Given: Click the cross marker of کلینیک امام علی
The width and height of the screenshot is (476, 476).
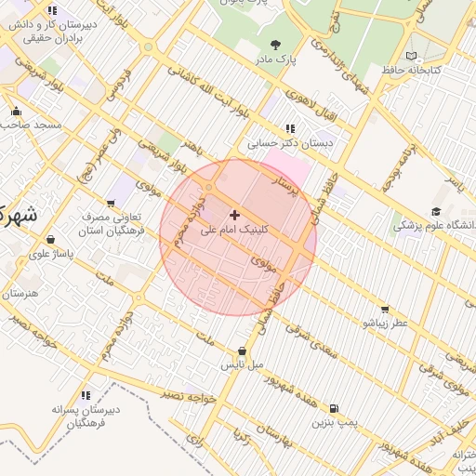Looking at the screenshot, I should pyautogui.click(x=233, y=215).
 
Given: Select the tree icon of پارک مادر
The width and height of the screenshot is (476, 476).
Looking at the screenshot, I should pyautogui.click(x=274, y=44).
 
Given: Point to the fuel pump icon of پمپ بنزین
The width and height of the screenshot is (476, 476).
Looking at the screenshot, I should pyautogui.click(x=334, y=408).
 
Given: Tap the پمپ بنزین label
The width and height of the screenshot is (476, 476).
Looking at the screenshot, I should pyautogui.click(x=334, y=423).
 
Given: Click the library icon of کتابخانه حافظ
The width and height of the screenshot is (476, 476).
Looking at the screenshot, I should pyautogui.click(x=412, y=56).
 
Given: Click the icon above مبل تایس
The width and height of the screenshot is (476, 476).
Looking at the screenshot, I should pyautogui.click(x=243, y=351).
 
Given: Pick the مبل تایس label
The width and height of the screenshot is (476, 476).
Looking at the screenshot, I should pyautogui.click(x=242, y=366).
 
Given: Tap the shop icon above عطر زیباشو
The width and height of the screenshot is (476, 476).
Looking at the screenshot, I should pyautogui.click(x=385, y=309).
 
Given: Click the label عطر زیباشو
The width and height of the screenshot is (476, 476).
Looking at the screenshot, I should pyautogui.click(x=385, y=323).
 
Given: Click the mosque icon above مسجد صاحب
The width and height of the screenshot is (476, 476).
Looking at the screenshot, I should pyautogui.click(x=16, y=111).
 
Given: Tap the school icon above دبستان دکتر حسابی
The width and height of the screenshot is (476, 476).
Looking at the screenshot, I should pyautogui.click(x=290, y=129).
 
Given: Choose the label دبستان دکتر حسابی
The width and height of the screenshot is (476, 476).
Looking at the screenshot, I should pyautogui.click(x=290, y=144).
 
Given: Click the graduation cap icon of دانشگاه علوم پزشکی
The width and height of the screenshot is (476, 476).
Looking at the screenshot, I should pyautogui.click(x=437, y=212).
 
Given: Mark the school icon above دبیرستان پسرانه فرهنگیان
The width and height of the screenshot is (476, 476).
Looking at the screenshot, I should pyautogui.click(x=86, y=395).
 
